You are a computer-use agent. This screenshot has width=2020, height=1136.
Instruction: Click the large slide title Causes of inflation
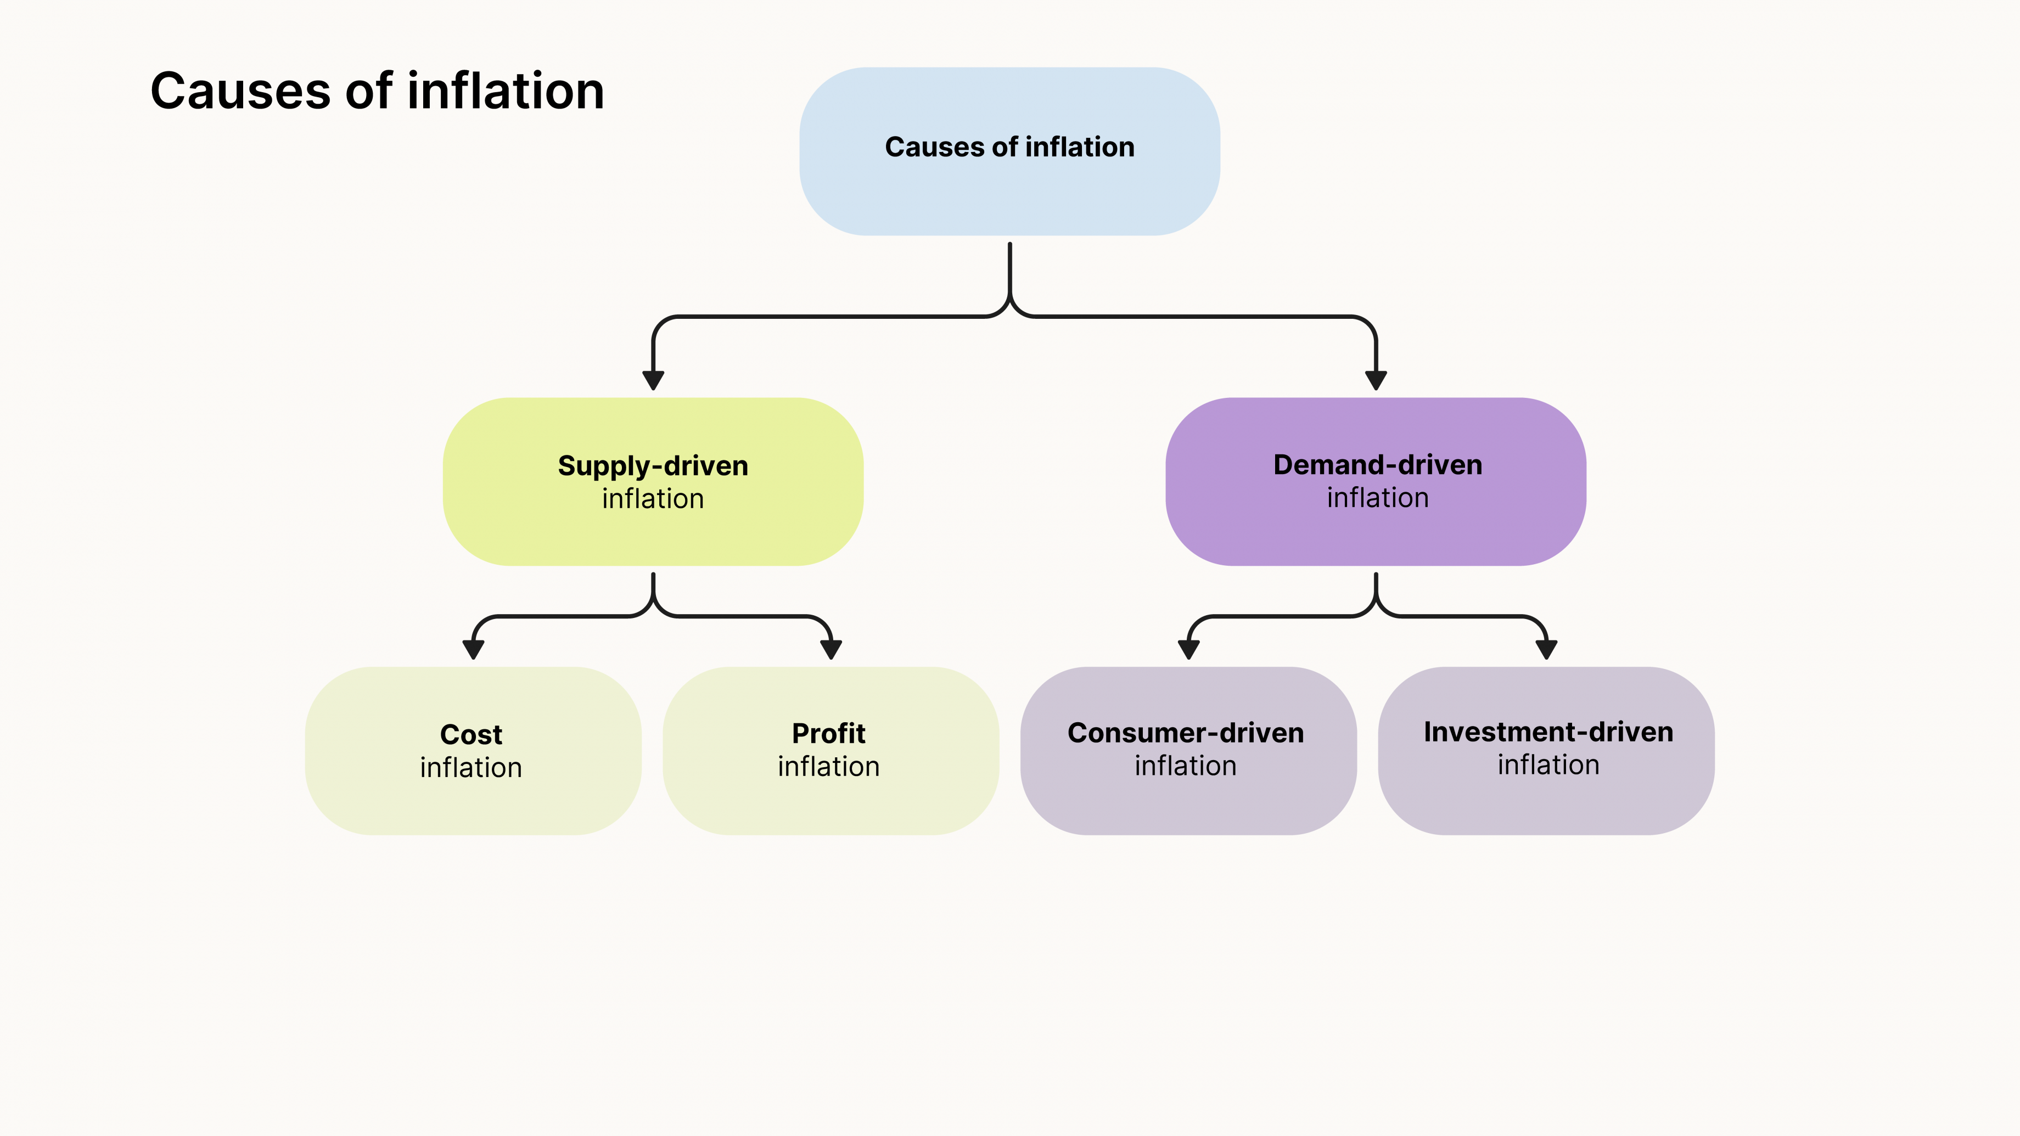point(377,91)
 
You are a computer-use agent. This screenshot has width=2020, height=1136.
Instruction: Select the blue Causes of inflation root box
point(1009,188)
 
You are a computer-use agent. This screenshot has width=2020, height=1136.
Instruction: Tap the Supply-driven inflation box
point(653,533)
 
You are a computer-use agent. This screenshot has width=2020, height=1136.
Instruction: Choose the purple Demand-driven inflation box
point(1376,533)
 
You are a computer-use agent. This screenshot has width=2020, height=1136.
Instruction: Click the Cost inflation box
point(472,800)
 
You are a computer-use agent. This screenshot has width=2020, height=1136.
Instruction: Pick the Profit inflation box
point(831,800)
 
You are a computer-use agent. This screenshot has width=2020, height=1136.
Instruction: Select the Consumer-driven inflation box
point(1187,800)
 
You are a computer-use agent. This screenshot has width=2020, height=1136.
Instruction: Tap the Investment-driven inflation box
point(1546,800)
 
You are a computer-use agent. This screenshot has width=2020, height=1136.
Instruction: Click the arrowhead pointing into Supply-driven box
point(653,380)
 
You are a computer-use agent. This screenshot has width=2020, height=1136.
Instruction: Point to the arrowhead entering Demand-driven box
point(1376,380)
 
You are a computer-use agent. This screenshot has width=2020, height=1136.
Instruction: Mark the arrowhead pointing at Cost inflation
point(473,649)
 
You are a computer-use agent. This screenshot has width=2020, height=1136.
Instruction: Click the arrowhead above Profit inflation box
point(831,649)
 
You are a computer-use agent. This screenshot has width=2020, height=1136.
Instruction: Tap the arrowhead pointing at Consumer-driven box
point(1189,649)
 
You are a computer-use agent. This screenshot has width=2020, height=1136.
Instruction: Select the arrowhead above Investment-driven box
point(1546,649)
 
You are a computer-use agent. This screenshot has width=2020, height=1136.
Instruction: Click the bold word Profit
point(828,734)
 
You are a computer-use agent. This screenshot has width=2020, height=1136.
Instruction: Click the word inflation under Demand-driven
point(1377,498)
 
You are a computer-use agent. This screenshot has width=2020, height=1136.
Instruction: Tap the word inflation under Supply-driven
point(653,499)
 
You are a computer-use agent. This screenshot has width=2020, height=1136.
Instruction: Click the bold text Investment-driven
point(1548,732)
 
